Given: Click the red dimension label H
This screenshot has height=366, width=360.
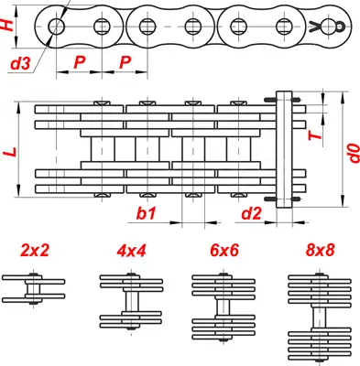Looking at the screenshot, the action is point(7,25).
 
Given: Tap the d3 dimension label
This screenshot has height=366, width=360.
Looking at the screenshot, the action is point(20,63).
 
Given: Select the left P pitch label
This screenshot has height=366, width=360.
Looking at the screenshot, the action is point(80,62).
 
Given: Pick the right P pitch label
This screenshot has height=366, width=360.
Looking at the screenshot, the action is point(125,62).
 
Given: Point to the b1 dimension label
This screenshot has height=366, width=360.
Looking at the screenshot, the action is point(146,213).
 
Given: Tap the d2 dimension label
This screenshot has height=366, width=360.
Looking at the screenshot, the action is point(251,213).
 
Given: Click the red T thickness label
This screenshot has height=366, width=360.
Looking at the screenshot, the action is point(315,135).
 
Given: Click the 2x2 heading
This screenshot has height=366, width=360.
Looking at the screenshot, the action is point(35,251).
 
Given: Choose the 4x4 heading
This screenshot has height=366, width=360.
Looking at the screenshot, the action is point(131,251).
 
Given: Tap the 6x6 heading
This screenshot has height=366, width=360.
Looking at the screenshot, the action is point(224,251).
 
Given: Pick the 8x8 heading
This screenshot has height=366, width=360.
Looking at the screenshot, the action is point(320,251).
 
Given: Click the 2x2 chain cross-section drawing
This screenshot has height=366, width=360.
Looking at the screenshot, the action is point(34,288).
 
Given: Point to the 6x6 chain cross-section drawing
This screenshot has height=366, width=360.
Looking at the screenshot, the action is point(224,307).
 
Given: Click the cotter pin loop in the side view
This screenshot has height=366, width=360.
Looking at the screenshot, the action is point(340,27).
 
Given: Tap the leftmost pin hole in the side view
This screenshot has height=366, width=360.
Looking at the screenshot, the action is point(57,27).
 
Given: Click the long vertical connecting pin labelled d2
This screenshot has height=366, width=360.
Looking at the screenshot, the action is point(284,149).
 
